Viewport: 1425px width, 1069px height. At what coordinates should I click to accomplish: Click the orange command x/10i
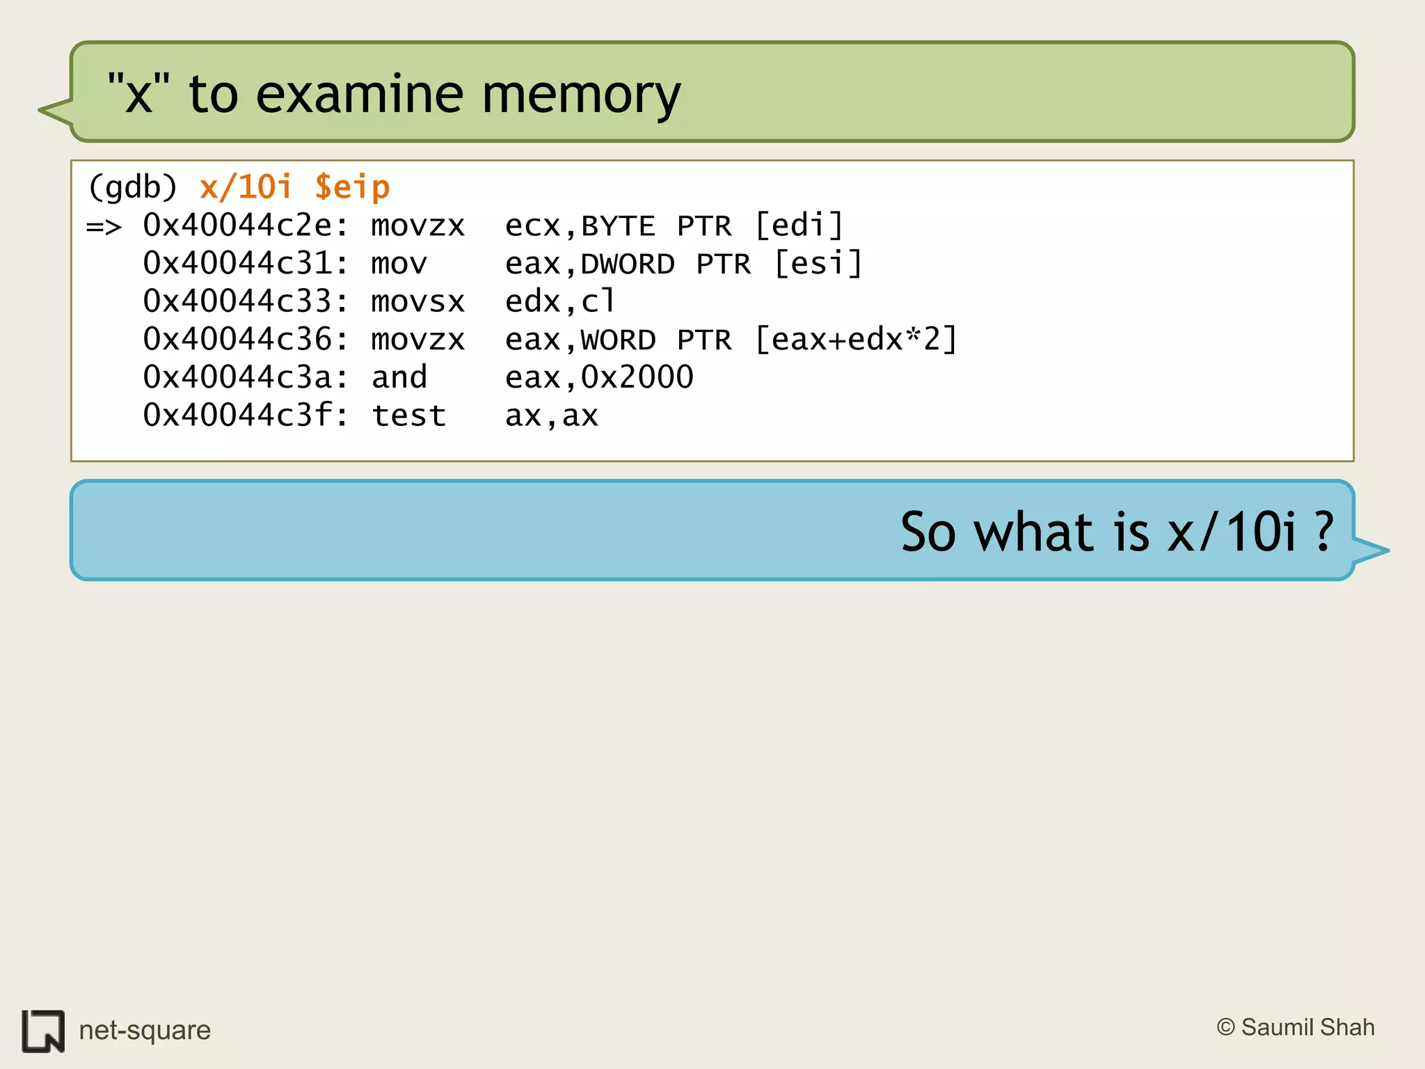[246, 187]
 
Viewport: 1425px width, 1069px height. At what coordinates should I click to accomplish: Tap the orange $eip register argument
[352, 188]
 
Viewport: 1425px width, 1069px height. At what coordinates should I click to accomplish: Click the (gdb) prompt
[133, 188]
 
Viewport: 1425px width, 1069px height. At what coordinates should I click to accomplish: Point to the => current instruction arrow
[104, 227]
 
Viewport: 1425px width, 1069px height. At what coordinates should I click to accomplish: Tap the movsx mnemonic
[417, 301]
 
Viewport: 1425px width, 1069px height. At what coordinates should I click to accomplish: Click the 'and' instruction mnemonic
[399, 377]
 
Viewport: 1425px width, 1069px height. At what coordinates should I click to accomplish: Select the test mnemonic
[408, 415]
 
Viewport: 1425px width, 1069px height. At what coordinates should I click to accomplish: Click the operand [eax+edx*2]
[856, 340]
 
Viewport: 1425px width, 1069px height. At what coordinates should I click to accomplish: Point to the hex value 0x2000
[637, 377]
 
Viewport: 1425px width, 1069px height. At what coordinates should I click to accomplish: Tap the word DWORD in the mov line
[628, 264]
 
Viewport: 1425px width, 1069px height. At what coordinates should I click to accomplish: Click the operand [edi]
[799, 225]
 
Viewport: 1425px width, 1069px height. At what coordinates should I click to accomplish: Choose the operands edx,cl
[560, 301]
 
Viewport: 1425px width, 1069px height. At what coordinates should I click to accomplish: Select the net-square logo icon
[43, 1031]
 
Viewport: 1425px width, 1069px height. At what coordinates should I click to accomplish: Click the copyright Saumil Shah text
[1296, 1027]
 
